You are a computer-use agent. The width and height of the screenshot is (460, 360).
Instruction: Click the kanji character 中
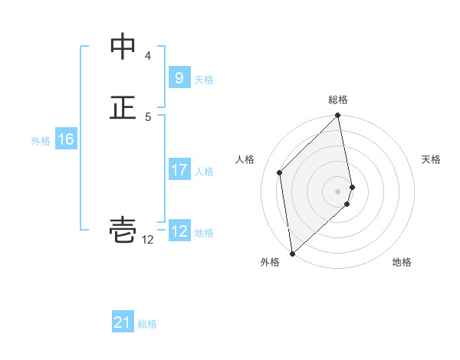point(123,47)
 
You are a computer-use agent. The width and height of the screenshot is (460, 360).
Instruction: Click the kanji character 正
point(123,106)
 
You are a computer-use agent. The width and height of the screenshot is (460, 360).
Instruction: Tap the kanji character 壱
point(123,230)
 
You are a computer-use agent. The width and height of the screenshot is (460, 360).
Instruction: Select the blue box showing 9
point(179,77)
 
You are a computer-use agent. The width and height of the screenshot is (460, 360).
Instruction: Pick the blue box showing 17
point(179,170)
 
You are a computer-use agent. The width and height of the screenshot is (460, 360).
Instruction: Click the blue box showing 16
point(66,139)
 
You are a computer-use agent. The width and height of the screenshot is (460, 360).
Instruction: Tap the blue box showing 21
point(123,323)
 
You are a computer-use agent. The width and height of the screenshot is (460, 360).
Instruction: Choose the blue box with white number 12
point(179,231)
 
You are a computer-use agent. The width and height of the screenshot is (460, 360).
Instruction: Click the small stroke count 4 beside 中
point(148,56)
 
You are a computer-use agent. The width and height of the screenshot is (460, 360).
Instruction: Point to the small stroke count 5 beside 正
point(148,116)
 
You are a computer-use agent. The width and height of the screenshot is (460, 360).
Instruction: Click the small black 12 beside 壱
point(147,240)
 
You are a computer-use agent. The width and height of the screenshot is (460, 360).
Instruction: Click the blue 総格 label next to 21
point(147,324)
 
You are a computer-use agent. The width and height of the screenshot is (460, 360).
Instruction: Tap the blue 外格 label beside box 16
point(41,140)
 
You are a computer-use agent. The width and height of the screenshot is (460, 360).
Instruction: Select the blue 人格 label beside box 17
point(204,171)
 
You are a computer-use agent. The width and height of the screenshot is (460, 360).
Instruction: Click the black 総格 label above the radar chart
point(338,100)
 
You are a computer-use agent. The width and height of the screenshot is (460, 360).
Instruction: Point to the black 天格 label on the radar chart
point(431,159)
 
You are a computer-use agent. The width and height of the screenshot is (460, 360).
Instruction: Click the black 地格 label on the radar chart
point(402,262)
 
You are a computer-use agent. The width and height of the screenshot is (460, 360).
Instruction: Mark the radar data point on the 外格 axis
point(292,253)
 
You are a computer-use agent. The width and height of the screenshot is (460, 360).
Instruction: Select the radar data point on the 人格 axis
point(280,172)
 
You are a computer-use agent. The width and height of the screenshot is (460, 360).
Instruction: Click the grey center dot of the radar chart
point(338,191)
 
